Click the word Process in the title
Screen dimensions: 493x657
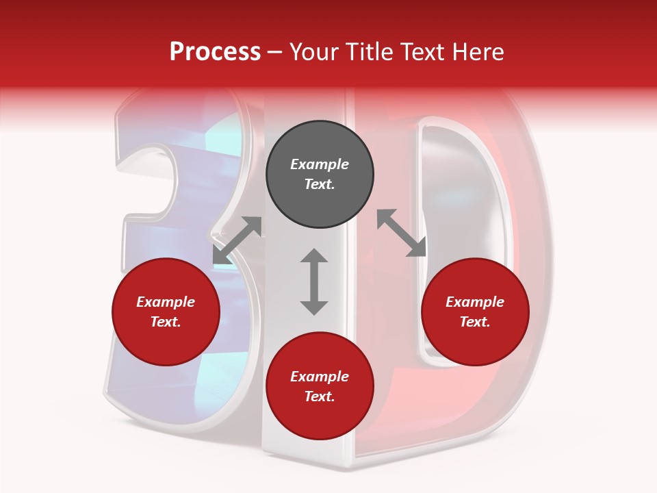point(215,52)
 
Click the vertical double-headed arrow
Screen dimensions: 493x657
point(314,281)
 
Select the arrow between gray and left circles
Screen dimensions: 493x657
point(237,240)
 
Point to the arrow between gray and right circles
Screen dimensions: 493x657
point(402,233)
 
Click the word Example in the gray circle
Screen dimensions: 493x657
point(320,164)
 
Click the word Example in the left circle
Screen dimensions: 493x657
point(166,302)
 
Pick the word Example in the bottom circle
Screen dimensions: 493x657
point(320,377)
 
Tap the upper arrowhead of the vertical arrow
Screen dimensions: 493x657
point(314,257)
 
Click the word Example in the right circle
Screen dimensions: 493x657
point(475,302)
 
